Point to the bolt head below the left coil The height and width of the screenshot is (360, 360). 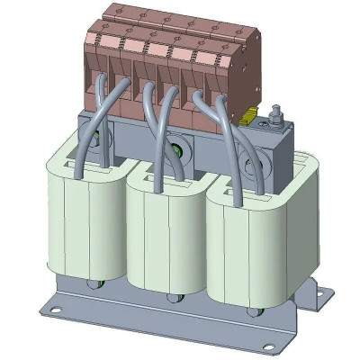coord(93,286)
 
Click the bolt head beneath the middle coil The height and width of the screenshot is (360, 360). coord(171,297)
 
